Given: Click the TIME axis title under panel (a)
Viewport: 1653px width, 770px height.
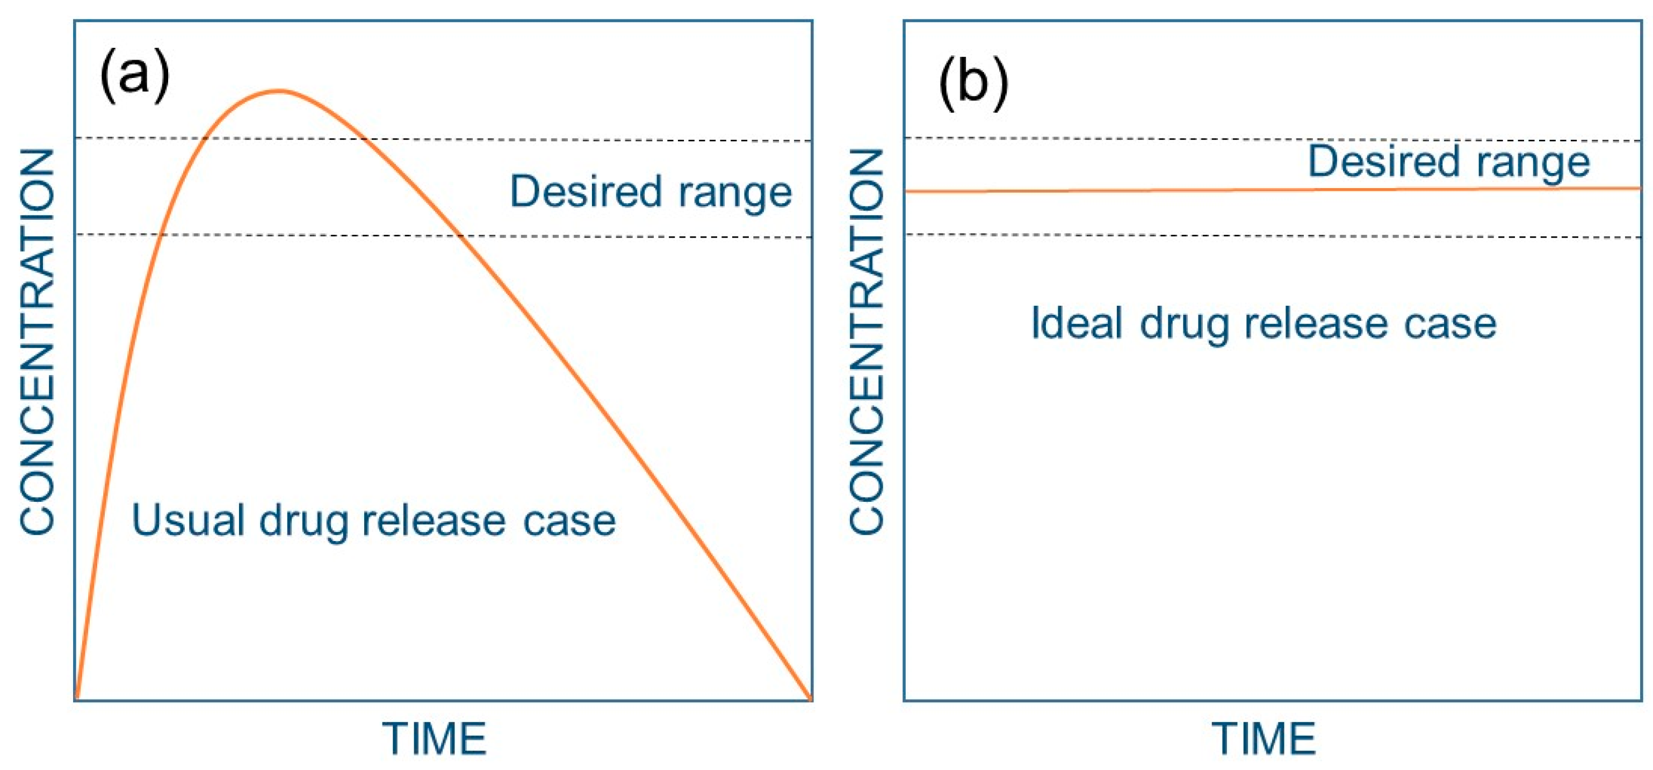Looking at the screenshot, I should tap(435, 739).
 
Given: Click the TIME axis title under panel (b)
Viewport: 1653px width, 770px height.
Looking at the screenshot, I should tap(1264, 739).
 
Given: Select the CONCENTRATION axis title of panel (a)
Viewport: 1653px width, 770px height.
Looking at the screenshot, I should tap(37, 340).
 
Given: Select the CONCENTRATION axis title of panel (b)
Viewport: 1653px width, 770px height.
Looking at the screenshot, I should tap(867, 340).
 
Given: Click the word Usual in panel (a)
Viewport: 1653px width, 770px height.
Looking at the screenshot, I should tap(187, 519).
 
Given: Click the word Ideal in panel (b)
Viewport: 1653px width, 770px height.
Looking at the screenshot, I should tap(1077, 323).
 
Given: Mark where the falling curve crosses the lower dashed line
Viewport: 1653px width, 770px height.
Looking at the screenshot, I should tap(460, 236).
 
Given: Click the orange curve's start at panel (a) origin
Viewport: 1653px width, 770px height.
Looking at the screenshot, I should tap(76, 697).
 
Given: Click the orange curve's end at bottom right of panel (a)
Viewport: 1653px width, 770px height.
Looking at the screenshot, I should tap(811, 697).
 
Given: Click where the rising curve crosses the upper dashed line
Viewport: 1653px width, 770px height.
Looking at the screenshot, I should tap(205, 138).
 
